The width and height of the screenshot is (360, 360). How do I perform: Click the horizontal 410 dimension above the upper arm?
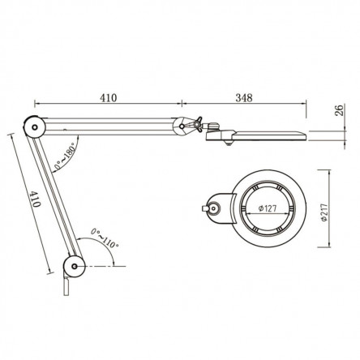click(x=109, y=98)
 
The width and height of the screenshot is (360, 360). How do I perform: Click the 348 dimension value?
click(x=244, y=98)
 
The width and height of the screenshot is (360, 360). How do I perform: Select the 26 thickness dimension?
click(x=339, y=110)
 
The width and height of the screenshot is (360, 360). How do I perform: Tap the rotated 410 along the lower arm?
click(x=35, y=199)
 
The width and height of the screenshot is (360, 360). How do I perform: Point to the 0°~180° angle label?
click(x=64, y=156)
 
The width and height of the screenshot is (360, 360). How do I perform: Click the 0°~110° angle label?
click(x=105, y=238)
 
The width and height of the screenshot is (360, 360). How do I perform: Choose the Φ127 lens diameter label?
click(x=268, y=208)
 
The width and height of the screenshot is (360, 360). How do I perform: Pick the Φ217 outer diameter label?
click(x=324, y=212)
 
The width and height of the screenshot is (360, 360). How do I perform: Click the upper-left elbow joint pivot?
click(x=34, y=127)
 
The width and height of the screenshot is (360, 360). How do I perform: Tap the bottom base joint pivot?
click(x=74, y=267)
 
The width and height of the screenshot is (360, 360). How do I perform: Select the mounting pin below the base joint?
click(x=66, y=286)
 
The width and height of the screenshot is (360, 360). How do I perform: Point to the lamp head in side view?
click(x=255, y=135)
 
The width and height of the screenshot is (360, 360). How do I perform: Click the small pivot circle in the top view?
click(x=214, y=208)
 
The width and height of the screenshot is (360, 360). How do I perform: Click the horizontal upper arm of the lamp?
click(x=108, y=126)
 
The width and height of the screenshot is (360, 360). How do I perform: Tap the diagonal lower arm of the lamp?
click(x=54, y=197)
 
